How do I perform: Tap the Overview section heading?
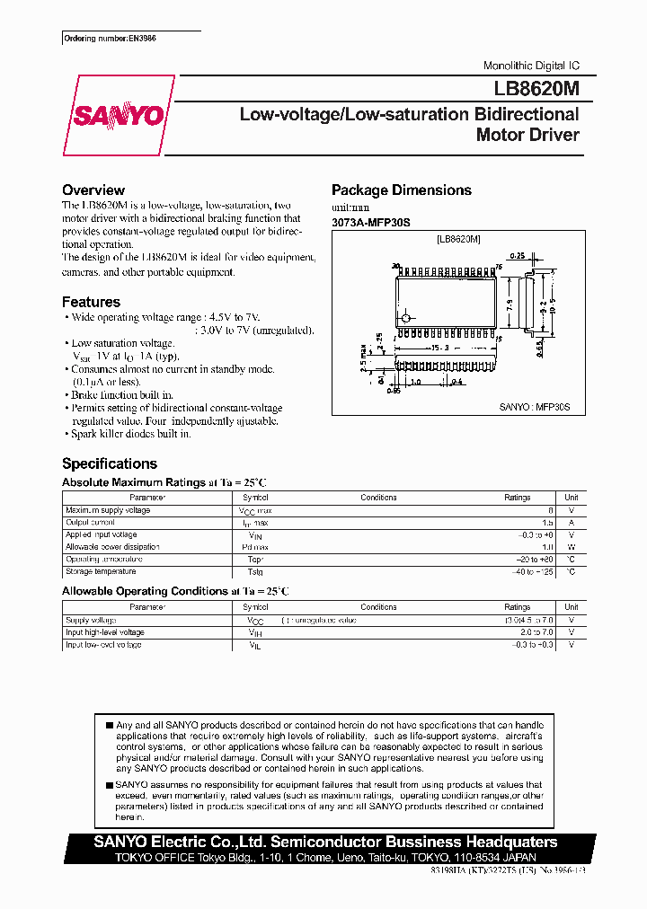93,190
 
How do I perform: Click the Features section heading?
91,303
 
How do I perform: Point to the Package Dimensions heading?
402,190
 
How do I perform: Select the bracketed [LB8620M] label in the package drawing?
458,240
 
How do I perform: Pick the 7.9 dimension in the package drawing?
509,303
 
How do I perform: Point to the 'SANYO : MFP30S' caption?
535,407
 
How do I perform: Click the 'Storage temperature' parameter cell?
101,571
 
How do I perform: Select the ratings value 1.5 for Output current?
546,522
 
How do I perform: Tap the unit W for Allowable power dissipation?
571,547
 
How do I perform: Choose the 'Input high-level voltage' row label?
105,632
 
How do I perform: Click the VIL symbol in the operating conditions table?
254,645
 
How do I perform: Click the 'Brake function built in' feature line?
122,394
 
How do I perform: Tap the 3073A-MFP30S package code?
370,222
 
